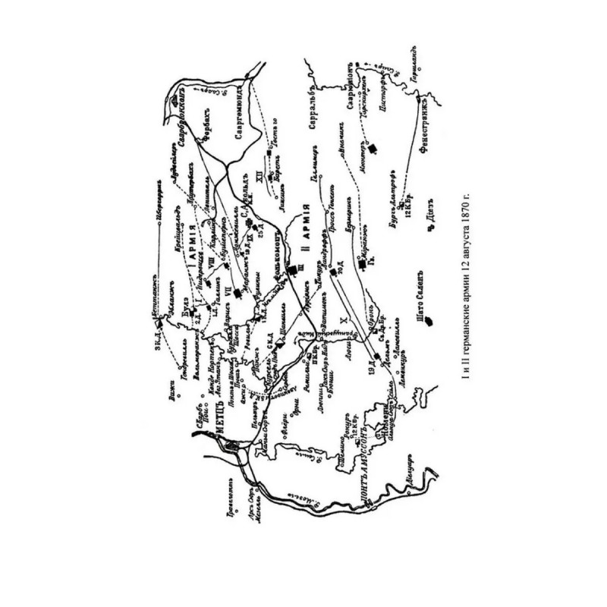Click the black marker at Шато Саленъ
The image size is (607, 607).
[426, 321]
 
